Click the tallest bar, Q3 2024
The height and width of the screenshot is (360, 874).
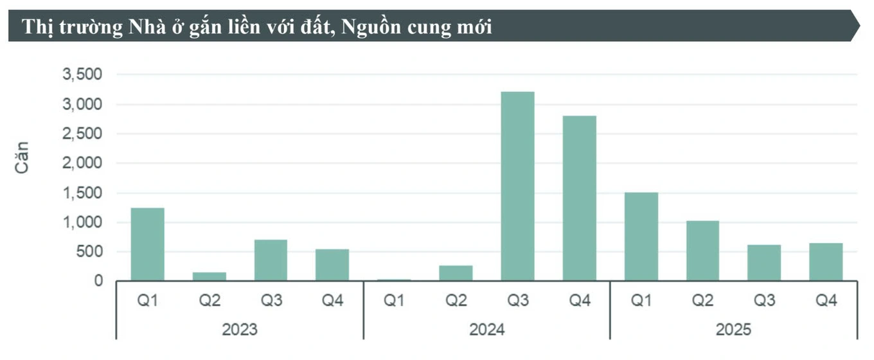click(517, 186)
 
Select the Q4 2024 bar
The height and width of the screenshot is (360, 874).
click(579, 199)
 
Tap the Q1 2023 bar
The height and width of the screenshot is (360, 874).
click(148, 244)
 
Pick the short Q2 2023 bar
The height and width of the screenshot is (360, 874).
click(209, 276)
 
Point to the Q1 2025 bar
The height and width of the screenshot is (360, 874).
click(641, 237)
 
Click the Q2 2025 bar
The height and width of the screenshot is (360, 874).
click(702, 251)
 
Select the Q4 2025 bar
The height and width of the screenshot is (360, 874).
click(826, 262)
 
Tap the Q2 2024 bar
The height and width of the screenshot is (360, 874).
click(456, 273)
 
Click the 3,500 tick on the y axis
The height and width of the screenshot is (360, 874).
click(82, 74)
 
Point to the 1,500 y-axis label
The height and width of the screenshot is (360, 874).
click(82, 193)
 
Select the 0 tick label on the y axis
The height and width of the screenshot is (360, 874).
click(98, 281)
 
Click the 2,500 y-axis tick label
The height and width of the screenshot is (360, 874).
click(82, 134)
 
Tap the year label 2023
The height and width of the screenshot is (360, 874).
click(240, 330)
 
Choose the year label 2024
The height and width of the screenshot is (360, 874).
click(486, 330)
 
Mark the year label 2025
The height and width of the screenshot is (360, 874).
click(733, 330)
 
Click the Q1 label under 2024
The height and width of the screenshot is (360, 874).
click(394, 300)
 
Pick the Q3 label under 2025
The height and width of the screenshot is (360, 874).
click(764, 300)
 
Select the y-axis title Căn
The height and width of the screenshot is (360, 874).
click(21, 157)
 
